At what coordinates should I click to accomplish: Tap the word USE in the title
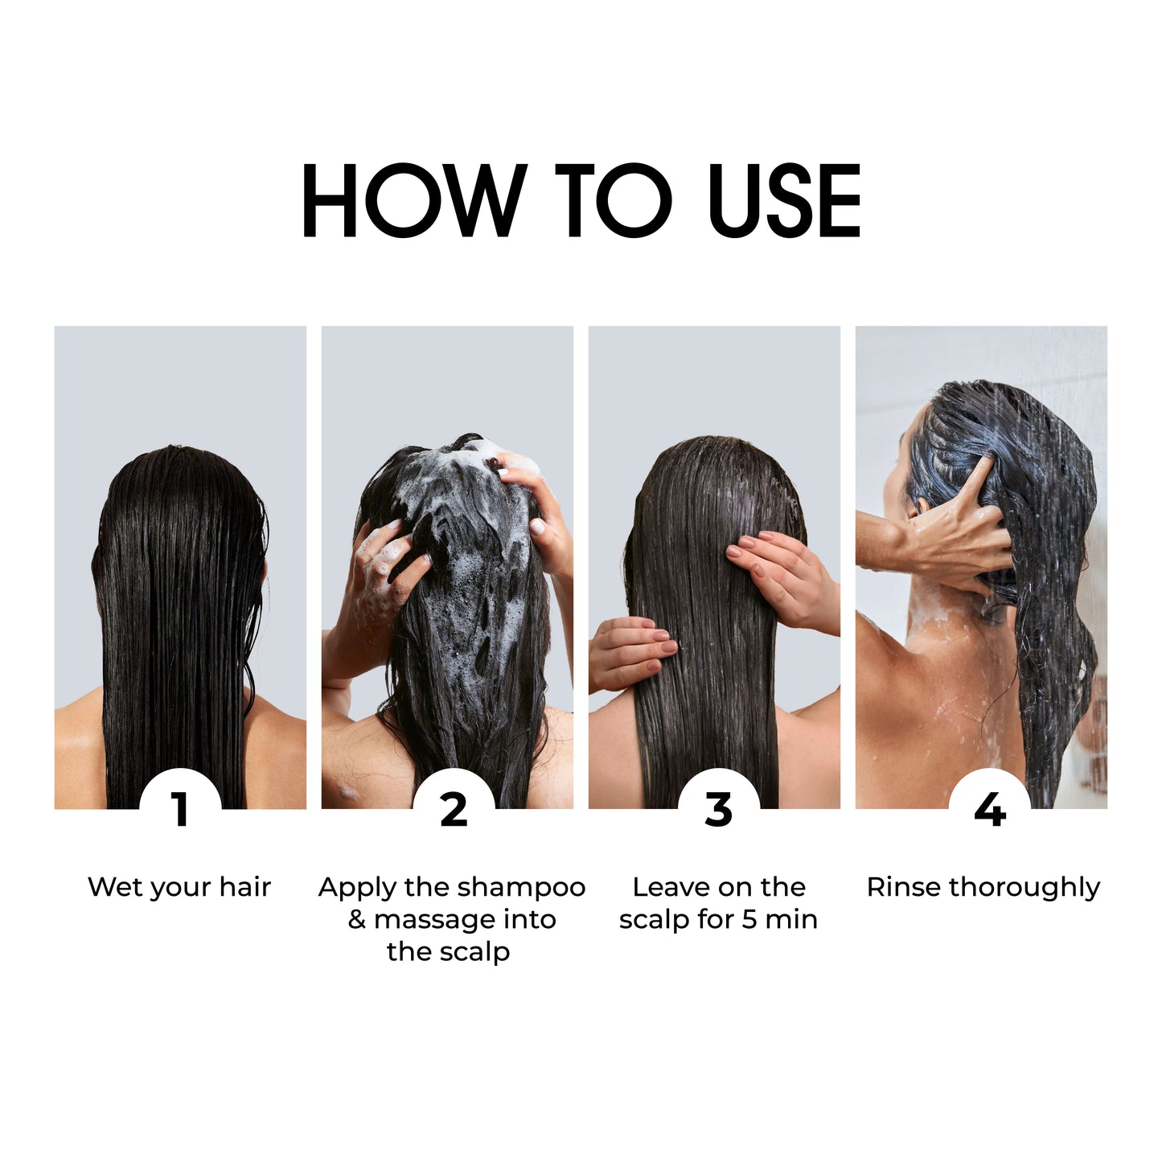point(785,199)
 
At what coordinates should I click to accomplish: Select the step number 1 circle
point(180,809)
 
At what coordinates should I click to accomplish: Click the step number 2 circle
point(454,809)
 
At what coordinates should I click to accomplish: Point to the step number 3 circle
point(719,809)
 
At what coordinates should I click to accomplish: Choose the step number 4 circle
point(990,809)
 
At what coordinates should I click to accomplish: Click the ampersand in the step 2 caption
point(357,920)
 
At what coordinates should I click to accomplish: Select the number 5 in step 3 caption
point(749,920)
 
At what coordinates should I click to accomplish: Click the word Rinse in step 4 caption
point(904,887)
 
